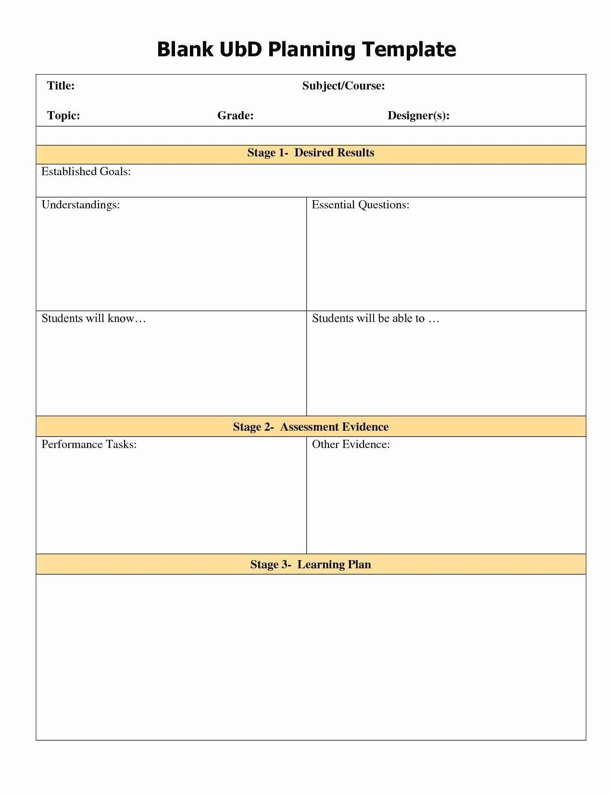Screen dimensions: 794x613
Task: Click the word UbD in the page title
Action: [241, 50]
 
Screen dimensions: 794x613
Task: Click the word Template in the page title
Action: [409, 50]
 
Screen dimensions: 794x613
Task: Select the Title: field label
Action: [61, 86]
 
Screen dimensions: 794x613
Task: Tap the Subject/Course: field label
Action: [343, 86]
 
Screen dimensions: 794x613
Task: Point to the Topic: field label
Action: [63, 115]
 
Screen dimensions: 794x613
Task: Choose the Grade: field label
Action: [235, 115]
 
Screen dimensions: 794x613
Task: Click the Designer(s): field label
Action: [418, 115]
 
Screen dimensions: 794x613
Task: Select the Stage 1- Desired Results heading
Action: [311, 153]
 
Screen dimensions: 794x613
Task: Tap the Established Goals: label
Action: [86, 171]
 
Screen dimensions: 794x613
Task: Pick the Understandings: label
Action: [81, 205]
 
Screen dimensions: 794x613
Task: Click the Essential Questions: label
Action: [361, 205]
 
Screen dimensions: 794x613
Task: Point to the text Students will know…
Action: [93, 318]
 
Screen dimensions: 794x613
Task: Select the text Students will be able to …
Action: [375, 318]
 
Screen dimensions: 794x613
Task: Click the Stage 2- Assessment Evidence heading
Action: [311, 427]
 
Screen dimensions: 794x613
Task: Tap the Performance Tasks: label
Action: [89, 444]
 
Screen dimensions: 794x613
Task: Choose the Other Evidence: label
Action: [351, 444]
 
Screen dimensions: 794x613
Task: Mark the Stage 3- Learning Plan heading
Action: [311, 564]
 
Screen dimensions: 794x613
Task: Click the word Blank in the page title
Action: [185, 50]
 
